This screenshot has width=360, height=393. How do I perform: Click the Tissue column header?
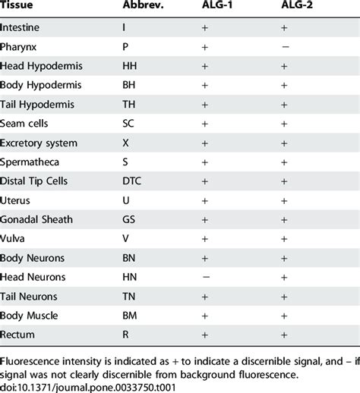[16, 7]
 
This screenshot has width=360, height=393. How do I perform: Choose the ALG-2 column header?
[284, 7]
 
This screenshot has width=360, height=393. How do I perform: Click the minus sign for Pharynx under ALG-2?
[284, 47]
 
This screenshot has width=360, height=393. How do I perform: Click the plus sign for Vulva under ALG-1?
[205, 239]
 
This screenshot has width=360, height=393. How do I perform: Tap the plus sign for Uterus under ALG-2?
[284, 201]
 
